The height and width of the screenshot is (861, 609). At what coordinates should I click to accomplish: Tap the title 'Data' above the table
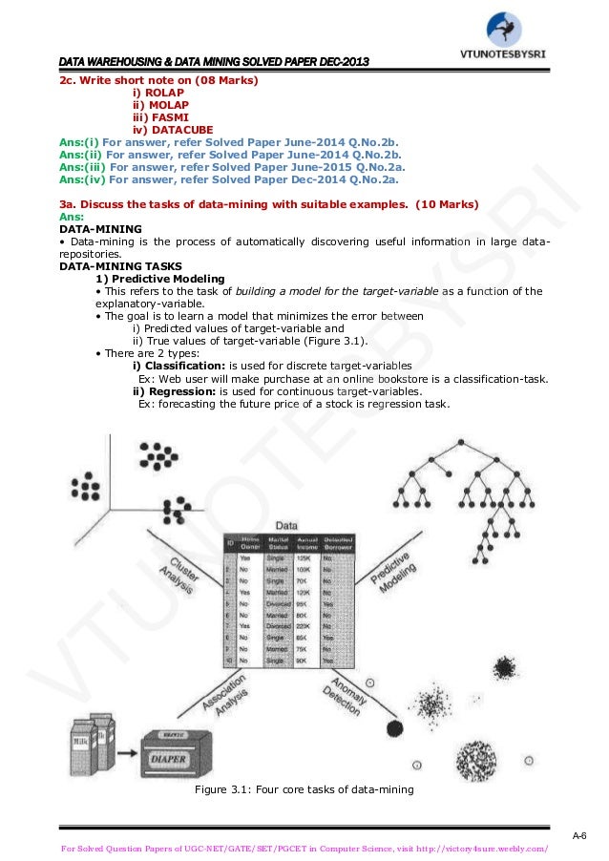285,525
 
